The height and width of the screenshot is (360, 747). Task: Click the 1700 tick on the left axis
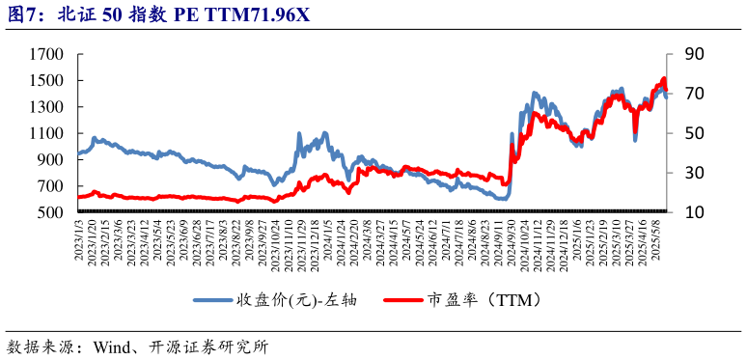pos(45,55)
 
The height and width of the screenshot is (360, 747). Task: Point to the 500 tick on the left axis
pos(50,212)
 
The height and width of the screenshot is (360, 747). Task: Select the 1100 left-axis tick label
pos(45,133)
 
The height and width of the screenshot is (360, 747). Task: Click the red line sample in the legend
pos(402,300)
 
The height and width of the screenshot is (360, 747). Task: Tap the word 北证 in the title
pos(75,14)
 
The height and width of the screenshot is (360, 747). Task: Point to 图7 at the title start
pos(23,14)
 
